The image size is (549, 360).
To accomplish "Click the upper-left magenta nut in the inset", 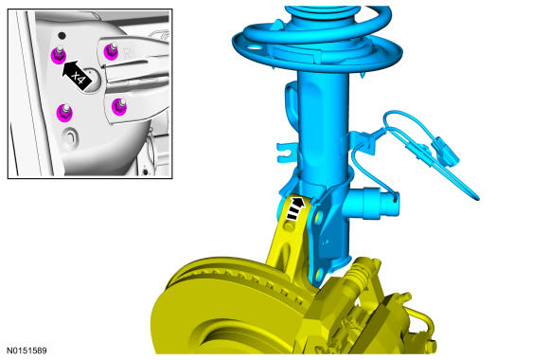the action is (x=58, y=55).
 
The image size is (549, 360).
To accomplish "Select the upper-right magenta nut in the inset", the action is (x=111, y=51).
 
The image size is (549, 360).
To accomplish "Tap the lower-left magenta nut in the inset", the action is (x=64, y=113).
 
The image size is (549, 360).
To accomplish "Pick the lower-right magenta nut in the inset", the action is (x=119, y=106).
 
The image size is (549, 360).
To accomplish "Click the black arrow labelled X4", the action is (x=76, y=74).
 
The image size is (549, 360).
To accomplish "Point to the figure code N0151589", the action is (x=27, y=351).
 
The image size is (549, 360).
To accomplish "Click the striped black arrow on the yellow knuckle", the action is (x=295, y=208).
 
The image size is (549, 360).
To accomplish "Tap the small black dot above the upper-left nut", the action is (x=62, y=35).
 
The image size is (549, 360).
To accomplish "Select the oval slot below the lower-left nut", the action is (x=70, y=136).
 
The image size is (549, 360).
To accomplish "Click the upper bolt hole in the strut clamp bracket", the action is (x=318, y=217).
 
